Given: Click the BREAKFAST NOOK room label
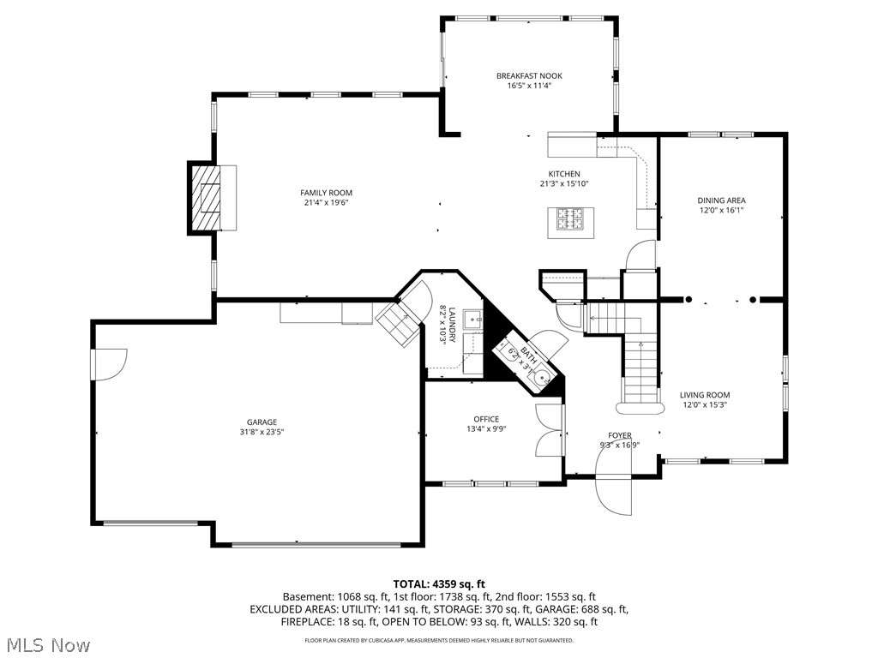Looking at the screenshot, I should pyautogui.click(x=529, y=75).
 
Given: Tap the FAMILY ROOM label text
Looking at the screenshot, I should pyautogui.click(x=326, y=193).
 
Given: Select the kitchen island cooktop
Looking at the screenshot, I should pyautogui.click(x=569, y=220).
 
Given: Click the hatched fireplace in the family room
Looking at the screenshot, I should pyautogui.click(x=206, y=198).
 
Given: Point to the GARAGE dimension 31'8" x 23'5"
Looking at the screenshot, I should pyautogui.click(x=262, y=433).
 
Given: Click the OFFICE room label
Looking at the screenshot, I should pyautogui.click(x=486, y=419).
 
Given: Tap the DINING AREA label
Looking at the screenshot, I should pyautogui.click(x=721, y=200).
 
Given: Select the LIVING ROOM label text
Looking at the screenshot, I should pyautogui.click(x=705, y=395).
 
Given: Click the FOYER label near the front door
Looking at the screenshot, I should pyautogui.click(x=620, y=435).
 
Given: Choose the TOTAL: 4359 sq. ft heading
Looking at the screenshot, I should pyautogui.click(x=439, y=583).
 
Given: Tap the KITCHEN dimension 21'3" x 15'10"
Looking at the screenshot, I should pyautogui.click(x=563, y=183).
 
